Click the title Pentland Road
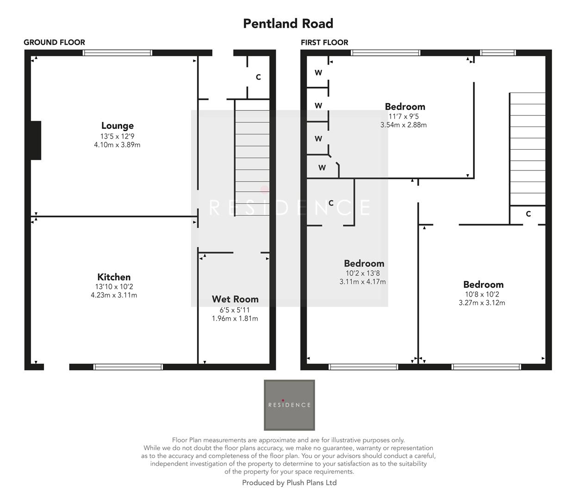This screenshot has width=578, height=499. coord(288,24)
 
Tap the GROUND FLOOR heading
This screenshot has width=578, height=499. coord(54,43)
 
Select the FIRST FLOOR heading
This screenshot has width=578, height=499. coord(324,43)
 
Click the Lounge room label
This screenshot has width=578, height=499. coord(118,126)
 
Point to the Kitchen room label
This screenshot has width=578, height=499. coord(114,277)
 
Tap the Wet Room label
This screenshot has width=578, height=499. coord(235,299)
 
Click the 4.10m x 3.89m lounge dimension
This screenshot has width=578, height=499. coord(117,145)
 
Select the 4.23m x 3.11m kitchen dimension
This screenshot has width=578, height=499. coord(114,295)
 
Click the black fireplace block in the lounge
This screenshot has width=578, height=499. coord(36,140)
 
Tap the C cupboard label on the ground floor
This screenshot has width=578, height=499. coord(258,77)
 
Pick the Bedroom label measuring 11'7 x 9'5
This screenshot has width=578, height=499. coord(405,107)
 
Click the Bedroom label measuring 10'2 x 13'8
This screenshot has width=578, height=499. coord(364,263)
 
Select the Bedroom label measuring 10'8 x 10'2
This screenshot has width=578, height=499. coord(483,285)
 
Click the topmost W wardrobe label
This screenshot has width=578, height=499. coord(318,73)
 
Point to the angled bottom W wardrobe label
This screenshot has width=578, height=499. coord(322,168)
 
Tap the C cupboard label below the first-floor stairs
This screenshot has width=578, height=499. coord(528,214)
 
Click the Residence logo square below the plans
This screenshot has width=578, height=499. coord(289,405)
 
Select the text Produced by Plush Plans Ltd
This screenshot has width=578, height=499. coord(289,483)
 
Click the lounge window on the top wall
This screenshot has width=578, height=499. coord(118,53)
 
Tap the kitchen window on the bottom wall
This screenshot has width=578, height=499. coord(128,367)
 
